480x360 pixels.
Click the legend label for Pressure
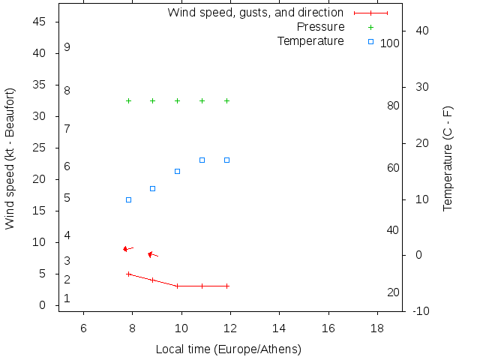pyautogui.click(x=320, y=27)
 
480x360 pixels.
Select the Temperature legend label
pyautogui.click(x=310, y=40)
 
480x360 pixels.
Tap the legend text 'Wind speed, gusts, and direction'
pyautogui.click(x=255, y=13)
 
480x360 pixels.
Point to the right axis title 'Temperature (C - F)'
pyautogui.click(x=448, y=158)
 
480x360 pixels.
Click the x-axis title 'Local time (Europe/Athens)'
pyautogui.click(x=229, y=349)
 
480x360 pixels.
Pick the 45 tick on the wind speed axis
pyautogui.click(x=40, y=22)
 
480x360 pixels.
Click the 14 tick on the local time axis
pyautogui.click(x=279, y=328)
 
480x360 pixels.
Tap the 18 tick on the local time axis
pyautogui.click(x=377, y=328)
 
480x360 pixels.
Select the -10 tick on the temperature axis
pyautogui.click(x=421, y=311)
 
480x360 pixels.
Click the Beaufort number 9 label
pyautogui.click(x=67, y=47)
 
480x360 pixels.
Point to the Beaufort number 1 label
pyautogui.click(x=67, y=298)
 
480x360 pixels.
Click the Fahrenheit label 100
pyautogui.click(x=390, y=43)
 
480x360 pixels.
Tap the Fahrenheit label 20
pyautogui.click(x=393, y=292)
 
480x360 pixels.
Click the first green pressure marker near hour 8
pyautogui.click(x=128, y=100)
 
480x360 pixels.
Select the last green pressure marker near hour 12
pyautogui.click(x=226, y=100)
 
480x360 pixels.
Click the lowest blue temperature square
pyautogui.click(x=128, y=199)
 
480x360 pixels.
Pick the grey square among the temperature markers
pyautogui.click(x=178, y=171)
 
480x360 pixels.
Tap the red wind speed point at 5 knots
pyautogui.click(x=128, y=274)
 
